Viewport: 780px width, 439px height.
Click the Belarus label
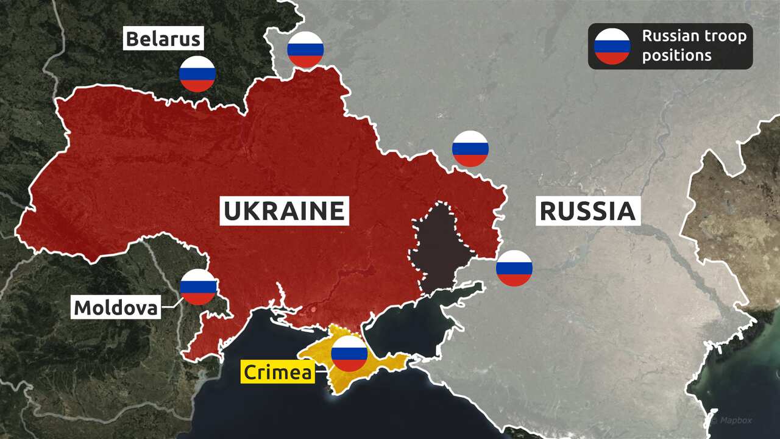click(x=163, y=40)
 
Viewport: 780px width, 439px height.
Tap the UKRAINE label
click(x=284, y=211)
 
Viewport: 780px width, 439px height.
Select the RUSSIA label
click(x=587, y=211)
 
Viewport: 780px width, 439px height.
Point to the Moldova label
click(x=116, y=307)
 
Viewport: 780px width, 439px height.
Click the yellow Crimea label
click(x=278, y=371)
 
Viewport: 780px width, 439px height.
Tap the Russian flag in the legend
click(x=612, y=46)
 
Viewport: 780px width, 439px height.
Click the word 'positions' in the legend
click(x=676, y=55)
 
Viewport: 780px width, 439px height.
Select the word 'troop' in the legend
click(x=725, y=36)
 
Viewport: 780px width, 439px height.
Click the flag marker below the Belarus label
click(x=197, y=74)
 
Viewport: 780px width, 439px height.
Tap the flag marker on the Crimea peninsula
click(x=349, y=354)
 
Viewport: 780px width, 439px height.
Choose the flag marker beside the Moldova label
click(x=198, y=287)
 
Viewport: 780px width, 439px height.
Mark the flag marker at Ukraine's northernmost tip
click(x=305, y=49)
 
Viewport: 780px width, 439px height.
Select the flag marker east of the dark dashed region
click(x=514, y=268)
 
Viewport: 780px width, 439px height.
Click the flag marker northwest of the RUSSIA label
click(x=470, y=149)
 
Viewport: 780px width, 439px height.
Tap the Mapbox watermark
click(x=738, y=420)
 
